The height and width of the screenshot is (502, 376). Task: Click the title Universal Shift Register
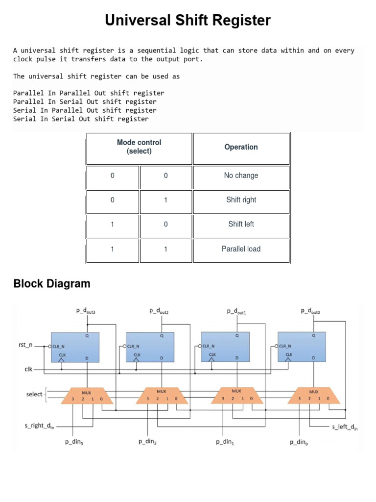[x=188, y=21]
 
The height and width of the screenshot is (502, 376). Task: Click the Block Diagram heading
[x=52, y=283]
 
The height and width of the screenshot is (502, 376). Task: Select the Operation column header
[x=241, y=147]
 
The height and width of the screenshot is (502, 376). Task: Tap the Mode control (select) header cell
[x=139, y=147]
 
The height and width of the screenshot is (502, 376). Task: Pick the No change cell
[x=241, y=176]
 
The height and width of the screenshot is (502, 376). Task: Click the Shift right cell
[x=241, y=200]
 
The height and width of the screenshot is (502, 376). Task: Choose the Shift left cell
[x=241, y=224]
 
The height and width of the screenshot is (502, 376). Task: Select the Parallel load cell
[x=241, y=249]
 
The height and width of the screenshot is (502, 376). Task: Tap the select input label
[x=34, y=394]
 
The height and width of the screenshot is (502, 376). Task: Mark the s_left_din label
[x=345, y=427]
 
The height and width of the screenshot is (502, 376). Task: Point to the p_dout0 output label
[x=313, y=311]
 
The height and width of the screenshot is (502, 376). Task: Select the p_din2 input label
[x=148, y=442]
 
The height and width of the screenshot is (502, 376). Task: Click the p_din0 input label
[x=300, y=442]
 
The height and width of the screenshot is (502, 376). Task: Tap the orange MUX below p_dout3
[x=87, y=396]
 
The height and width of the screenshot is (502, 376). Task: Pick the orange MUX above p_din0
[x=313, y=396]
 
